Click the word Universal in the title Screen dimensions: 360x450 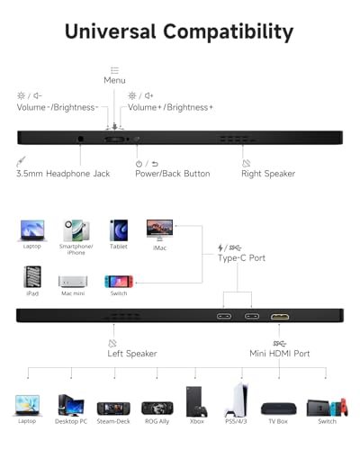click(111, 31)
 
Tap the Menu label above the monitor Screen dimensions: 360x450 click(114, 80)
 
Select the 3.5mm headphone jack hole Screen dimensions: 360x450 click(80, 139)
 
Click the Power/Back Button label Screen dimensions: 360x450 click(173, 174)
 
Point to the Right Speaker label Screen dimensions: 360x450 click(268, 174)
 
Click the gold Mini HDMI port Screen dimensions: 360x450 click(280, 317)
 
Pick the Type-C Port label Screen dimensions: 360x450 click(241, 258)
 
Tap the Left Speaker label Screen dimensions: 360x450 click(132, 354)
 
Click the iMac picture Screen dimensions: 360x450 click(159, 230)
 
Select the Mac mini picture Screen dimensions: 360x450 click(73, 282)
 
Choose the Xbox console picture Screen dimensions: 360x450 click(196, 401)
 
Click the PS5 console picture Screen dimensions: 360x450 click(237, 400)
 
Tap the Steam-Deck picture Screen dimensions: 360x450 click(113, 409)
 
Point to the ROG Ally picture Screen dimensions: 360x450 click(157, 409)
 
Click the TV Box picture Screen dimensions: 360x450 click(279, 409)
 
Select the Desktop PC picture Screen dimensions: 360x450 click(71, 405)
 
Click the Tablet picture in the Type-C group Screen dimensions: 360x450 click(119, 230)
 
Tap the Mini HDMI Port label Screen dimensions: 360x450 click(280, 354)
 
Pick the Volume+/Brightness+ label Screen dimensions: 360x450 click(170, 107)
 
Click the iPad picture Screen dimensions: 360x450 click(32, 277)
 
